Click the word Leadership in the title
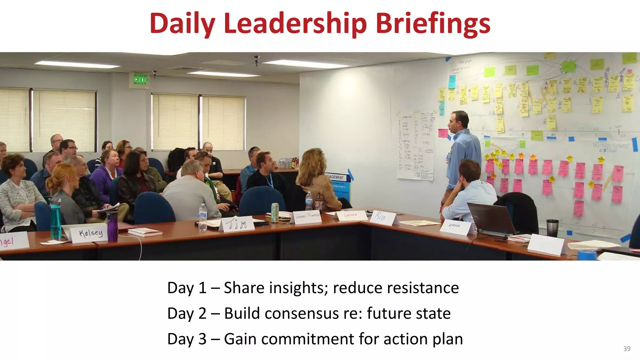(x=295, y=24)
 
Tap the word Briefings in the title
(x=432, y=24)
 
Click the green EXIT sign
(x=140, y=80)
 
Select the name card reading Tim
(x=237, y=224)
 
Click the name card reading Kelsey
(x=90, y=233)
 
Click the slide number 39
(x=627, y=349)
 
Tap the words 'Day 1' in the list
(x=187, y=288)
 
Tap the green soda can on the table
(x=275, y=212)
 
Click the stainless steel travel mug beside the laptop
(x=552, y=228)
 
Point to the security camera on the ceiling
(x=257, y=60)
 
